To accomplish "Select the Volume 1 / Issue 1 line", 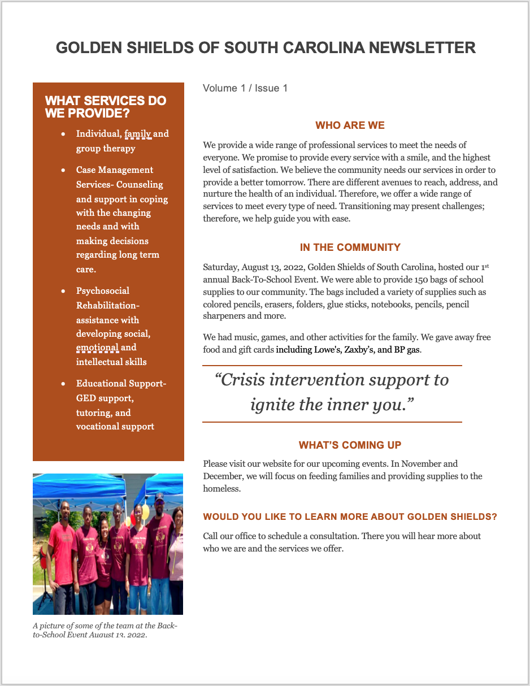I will coord(245,88).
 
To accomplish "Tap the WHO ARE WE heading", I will coord(350,125).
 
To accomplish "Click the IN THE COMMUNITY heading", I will coord(350,248).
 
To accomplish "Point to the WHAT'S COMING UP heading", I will coord(350,445).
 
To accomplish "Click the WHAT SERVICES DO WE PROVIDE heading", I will coord(106,107).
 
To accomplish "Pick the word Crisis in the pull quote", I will coord(242,380).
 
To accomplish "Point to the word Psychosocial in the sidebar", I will coord(103,291).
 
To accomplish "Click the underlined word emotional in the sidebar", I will coord(97,348).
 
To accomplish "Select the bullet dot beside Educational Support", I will coord(63,384).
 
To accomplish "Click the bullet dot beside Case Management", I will coord(63,170).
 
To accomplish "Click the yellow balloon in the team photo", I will coord(145,512).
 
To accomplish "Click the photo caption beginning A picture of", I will coord(105,630).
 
